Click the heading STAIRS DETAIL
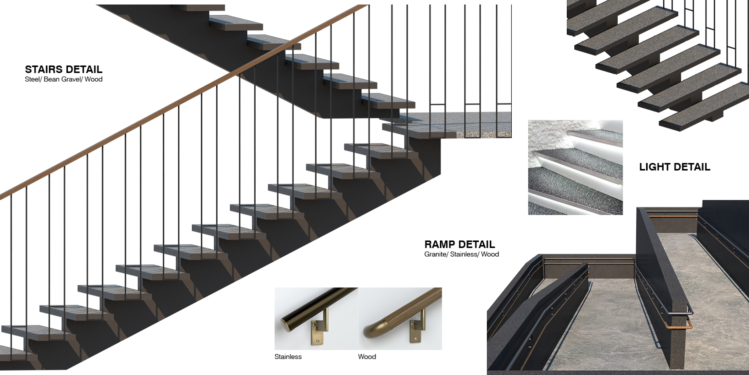coord(63,69)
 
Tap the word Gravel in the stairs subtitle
coord(68,79)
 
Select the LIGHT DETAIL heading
coord(675,167)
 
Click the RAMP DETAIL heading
coord(459,244)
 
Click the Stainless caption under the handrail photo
coord(288,357)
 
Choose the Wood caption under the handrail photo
coord(367,357)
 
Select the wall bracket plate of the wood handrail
coord(414,332)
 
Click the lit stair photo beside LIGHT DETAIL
coord(575,167)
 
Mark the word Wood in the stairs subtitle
coord(93,79)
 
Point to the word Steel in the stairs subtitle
coord(32,79)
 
